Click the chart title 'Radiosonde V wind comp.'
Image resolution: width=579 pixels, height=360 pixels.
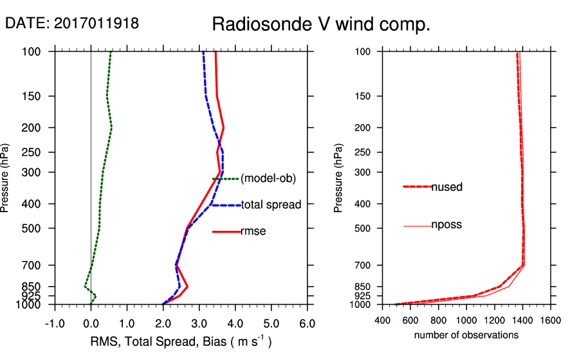[x=320, y=25]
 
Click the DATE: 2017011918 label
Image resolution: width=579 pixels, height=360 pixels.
[x=72, y=24]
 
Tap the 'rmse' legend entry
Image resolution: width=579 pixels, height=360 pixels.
[x=253, y=231]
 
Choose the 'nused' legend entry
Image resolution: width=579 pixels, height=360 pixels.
[x=446, y=187]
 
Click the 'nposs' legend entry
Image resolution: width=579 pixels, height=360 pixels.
[x=446, y=225]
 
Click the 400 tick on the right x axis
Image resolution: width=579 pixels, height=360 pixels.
[x=383, y=319]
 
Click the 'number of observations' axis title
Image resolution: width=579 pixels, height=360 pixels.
[x=466, y=335]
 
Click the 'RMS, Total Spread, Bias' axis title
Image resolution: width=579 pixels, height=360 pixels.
[x=180, y=342]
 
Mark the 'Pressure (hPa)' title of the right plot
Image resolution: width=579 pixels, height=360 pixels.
[x=338, y=178]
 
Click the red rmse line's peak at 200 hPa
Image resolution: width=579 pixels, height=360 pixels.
[x=223, y=127]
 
